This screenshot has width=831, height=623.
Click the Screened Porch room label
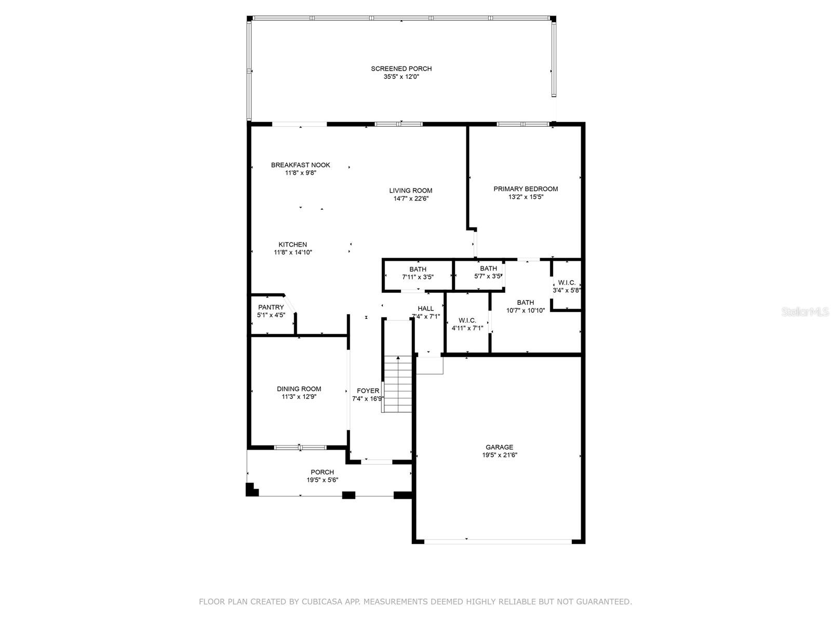(x=401, y=69)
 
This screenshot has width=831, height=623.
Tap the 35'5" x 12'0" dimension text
(x=401, y=77)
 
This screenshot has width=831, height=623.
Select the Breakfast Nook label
(x=300, y=165)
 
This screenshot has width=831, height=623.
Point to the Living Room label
(x=410, y=191)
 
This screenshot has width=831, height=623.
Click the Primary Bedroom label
(x=526, y=189)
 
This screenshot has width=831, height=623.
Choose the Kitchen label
(x=292, y=245)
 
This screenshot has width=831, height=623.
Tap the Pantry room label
(x=271, y=307)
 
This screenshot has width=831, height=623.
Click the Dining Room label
(x=299, y=389)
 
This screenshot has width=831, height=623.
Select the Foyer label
(x=368, y=391)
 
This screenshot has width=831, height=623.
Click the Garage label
(x=499, y=447)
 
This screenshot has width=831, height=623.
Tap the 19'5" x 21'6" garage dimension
(x=499, y=455)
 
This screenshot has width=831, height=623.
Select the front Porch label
(x=322, y=472)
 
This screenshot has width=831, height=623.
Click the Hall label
(x=425, y=309)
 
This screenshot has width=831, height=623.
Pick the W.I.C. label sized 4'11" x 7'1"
(x=467, y=320)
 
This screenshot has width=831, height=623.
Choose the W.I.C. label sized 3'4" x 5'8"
(x=566, y=282)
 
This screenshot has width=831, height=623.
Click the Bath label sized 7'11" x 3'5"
(x=418, y=269)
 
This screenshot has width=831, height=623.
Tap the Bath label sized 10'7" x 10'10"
(x=525, y=303)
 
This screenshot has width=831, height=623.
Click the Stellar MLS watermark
(x=805, y=312)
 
